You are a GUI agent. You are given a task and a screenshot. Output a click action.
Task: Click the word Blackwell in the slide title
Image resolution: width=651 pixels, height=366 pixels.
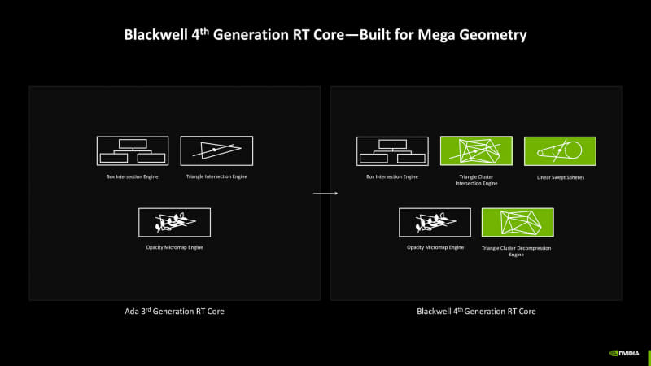pos(154,35)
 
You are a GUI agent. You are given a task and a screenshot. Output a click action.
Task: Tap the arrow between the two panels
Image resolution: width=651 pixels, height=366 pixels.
pos(325,193)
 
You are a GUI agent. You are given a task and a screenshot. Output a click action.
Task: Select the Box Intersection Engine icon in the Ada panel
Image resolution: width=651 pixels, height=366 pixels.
pos(133,150)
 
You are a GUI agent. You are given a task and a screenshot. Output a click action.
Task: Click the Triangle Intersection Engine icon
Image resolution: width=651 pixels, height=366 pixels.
pos(216,150)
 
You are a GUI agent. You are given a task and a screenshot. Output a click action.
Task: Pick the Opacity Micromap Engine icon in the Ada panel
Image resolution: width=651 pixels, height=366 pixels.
pos(174,222)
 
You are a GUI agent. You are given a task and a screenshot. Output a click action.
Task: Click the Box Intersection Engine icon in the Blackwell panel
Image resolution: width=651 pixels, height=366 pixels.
pos(392,150)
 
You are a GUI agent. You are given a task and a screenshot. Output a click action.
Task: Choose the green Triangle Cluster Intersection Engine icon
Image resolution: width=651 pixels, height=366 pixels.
pos(476,150)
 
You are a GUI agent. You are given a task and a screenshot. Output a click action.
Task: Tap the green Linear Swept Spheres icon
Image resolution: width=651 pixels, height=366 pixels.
pos(560,150)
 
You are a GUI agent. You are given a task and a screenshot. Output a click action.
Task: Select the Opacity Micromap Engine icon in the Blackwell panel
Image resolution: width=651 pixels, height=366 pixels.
pos(435,222)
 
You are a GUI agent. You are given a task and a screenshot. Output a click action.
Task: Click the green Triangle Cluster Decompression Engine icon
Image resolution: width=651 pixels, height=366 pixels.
pos(518,222)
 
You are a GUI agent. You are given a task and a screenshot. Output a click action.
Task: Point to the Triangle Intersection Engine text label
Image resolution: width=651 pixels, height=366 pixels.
pos(216,176)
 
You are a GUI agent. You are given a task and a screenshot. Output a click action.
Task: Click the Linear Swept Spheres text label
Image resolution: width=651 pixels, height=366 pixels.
pos(560,176)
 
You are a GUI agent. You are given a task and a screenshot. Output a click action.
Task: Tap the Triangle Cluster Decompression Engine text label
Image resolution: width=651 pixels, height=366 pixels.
pos(518,251)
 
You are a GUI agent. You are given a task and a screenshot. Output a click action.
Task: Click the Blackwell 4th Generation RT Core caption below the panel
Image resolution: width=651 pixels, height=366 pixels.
pos(476,312)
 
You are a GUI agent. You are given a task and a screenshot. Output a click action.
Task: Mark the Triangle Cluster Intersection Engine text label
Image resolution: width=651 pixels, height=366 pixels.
pos(476,180)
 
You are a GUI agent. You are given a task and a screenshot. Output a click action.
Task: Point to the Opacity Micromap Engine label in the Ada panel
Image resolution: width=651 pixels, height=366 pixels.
pos(174,247)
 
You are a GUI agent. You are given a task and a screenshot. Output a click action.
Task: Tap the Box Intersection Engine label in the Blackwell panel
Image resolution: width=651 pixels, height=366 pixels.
pos(392,176)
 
